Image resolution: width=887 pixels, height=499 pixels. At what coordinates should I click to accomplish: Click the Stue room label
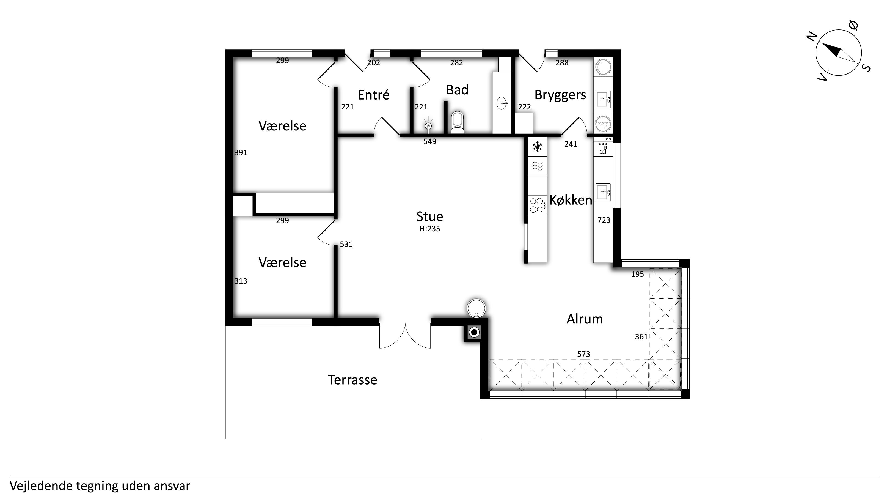click(x=429, y=216)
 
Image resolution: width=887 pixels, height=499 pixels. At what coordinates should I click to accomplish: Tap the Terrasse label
click(x=352, y=380)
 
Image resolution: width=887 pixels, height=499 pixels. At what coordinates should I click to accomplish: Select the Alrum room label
click(x=585, y=319)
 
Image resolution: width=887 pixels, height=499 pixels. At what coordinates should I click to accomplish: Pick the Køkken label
click(x=570, y=200)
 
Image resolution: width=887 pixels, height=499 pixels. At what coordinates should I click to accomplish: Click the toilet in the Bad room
click(x=458, y=122)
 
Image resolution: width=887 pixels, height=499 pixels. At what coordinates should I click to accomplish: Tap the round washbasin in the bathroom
click(x=502, y=103)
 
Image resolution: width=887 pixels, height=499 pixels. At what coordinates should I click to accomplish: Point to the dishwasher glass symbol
click(x=603, y=149)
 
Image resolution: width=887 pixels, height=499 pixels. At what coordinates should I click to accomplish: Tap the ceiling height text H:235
click(x=429, y=229)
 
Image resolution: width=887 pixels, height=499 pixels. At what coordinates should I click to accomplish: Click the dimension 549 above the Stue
click(x=430, y=142)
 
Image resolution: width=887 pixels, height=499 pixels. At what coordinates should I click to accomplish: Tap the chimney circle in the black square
click(x=474, y=332)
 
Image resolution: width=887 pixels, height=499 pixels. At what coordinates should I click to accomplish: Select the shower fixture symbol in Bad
click(x=428, y=125)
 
